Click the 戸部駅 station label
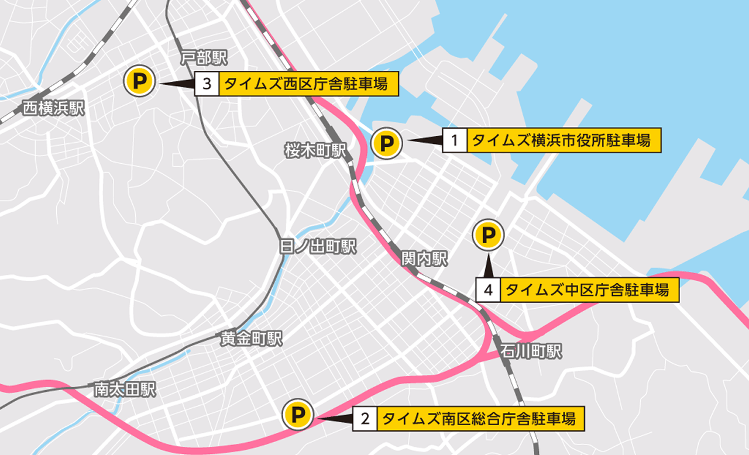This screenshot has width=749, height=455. (x=203, y=57)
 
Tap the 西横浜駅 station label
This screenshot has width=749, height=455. (x=53, y=108)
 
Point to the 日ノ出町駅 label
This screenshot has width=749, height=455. (x=318, y=247)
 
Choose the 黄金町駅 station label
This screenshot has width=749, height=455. (x=252, y=339)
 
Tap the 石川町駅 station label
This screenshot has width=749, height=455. (x=531, y=351)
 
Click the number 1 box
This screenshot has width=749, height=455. (x=454, y=140)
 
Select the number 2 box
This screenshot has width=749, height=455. (x=365, y=419)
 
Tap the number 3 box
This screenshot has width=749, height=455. (x=207, y=84)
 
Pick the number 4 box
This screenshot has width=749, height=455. (x=487, y=290)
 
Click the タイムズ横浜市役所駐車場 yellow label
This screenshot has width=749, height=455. (x=564, y=140)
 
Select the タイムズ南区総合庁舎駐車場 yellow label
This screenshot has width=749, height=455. (x=480, y=419)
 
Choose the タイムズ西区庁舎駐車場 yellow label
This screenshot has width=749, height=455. (x=309, y=84)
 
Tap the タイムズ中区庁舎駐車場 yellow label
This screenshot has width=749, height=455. (x=589, y=290)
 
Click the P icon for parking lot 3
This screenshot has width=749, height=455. (x=139, y=81)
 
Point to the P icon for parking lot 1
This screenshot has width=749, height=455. (x=386, y=143)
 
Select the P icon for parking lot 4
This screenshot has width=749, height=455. (x=488, y=235)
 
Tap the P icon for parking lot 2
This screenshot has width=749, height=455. (x=298, y=415)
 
